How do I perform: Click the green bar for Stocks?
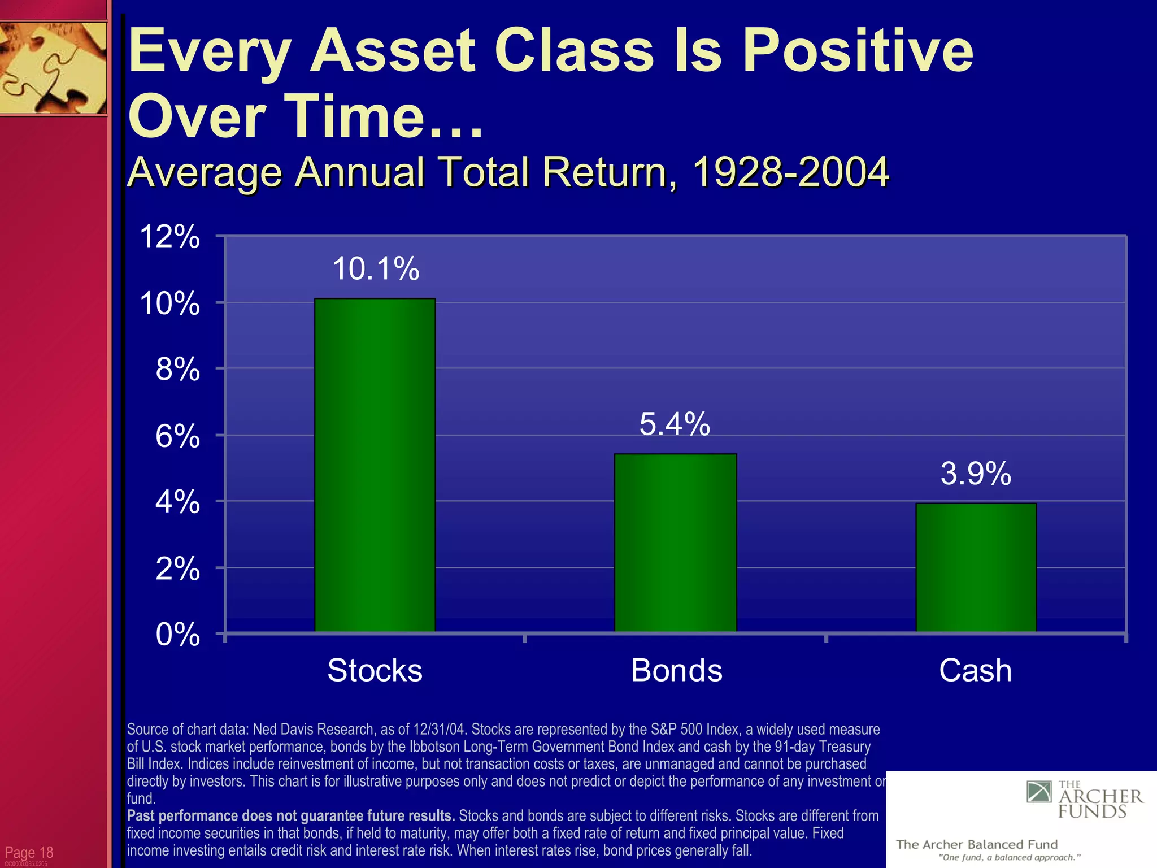[375, 465]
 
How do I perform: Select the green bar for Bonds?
[675, 542]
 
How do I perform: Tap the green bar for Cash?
[976, 567]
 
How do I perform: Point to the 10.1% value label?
[376, 268]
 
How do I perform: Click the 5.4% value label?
[675, 424]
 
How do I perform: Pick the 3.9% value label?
[976, 474]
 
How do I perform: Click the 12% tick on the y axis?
[169, 236]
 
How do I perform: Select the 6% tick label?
[177, 436]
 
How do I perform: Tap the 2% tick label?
[177, 568]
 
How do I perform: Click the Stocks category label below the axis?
[375, 670]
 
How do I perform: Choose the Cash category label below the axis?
[975, 670]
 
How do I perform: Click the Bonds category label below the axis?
[676, 670]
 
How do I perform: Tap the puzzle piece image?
[53, 68]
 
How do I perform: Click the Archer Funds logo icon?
[1038, 792]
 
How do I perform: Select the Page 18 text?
[29, 852]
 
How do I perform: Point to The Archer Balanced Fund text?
[976, 844]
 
